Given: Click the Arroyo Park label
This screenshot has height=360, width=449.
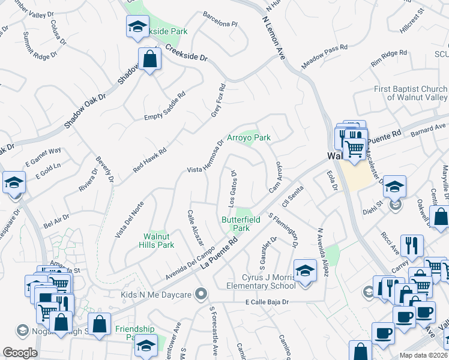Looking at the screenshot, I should (249, 137).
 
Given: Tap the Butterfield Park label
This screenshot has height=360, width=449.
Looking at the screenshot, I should (241, 224).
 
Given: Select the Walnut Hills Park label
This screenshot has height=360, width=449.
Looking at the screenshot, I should (158, 240).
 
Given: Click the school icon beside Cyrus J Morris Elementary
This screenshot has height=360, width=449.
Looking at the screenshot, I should (305, 270).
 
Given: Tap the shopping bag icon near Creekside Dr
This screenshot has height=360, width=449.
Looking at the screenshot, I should (149, 59).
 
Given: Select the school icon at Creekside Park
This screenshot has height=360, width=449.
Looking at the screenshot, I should (137, 26).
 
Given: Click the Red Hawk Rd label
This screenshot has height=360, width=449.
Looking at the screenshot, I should (149, 161).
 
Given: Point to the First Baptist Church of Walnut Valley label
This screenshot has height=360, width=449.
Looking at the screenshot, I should (411, 93).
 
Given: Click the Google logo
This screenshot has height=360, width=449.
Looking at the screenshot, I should (20, 353).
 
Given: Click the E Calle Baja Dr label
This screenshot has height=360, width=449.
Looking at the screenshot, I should (267, 302).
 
